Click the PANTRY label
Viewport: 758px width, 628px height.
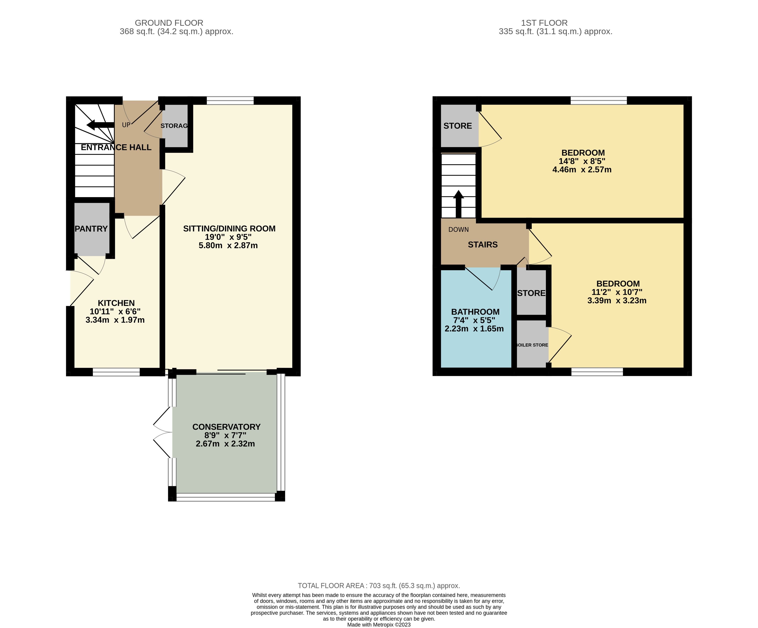pyautogui.click(x=91, y=229)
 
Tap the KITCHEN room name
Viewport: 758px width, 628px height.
pyautogui.click(x=116, y=303)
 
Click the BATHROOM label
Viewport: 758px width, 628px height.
pyautogui.click(x=475, y=312)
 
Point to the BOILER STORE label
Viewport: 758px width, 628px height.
pyautogui.click(x=532, y=345)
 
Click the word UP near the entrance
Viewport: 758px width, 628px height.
pyautogui.click(x=126, y=125)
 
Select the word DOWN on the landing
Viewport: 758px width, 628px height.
pyautogui.click(x=458, y=230)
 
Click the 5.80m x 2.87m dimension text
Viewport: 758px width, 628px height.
pyautogui.click(x=228, y=245)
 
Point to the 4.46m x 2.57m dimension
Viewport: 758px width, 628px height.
pyautogui.click(x=582, y=170)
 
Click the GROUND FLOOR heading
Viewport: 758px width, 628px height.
pyautogui.click(x=169, y=23)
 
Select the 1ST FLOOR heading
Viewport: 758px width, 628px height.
pyautogui.click(x=544, y=23)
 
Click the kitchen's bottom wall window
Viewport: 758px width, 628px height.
pyautogui.click(x=116, y=372)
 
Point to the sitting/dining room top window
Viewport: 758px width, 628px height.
pyautogui.click(x=230, y=100)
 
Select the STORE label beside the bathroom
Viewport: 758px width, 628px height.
pyautogui.click(x=531, y=293)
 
